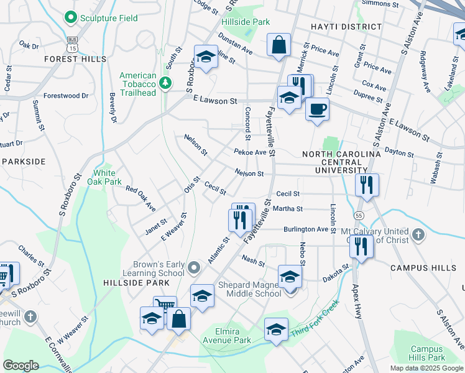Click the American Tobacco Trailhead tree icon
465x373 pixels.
(x=165, y=83)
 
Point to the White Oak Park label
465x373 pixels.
(x=104, y=177)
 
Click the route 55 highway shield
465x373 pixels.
(x=359, y=214)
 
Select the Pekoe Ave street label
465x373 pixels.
(x=250, y=152)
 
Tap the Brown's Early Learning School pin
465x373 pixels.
(x=194, y=268)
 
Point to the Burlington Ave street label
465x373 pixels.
(x=305, y=229)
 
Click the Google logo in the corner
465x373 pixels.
(x=21, y=365)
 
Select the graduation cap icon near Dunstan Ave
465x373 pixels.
(x=206, y=57)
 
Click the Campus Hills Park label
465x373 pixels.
(x=427, y=353)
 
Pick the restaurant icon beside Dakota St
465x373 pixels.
(x=361, y=246)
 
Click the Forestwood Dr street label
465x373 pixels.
(x=61, y=96)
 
